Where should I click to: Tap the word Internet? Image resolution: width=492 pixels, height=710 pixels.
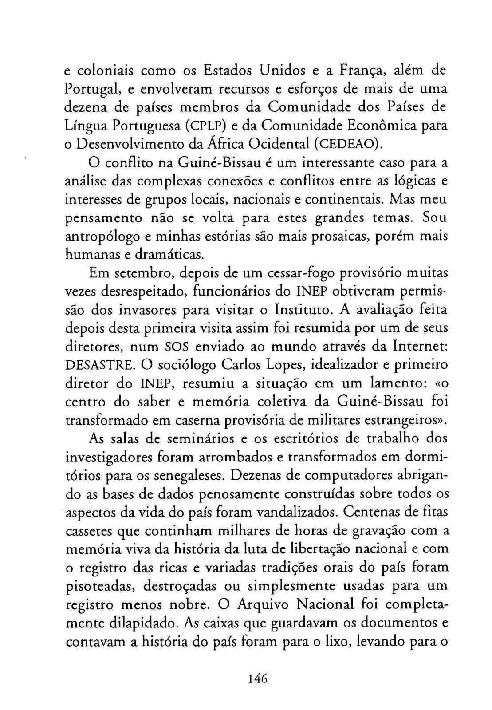click(x=419, y=347)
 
